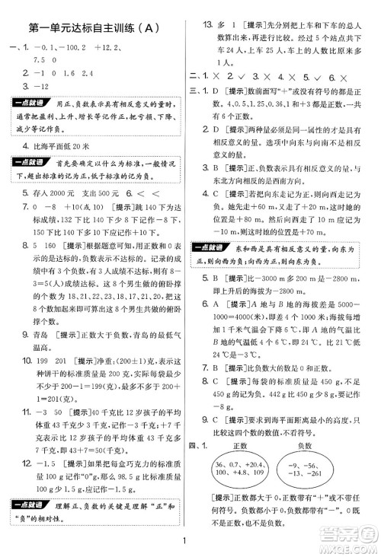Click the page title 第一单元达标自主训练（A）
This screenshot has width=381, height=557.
pyautogui.click(x=94, y=29)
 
